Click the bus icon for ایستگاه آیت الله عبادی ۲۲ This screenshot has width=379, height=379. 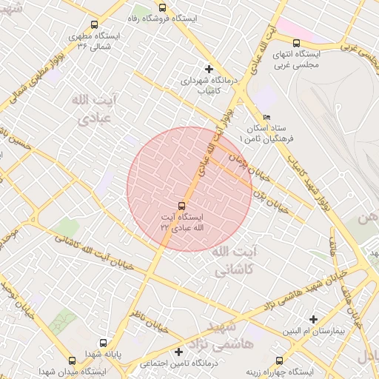point(181,205)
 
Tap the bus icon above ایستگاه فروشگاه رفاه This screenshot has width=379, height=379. point(162,7)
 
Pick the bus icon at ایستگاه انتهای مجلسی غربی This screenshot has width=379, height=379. point(297,43)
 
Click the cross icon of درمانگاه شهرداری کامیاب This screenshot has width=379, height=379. point(209,69)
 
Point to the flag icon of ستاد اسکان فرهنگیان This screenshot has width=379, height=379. point(267,117)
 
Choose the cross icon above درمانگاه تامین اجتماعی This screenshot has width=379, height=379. point(178,352)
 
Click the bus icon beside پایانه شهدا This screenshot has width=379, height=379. point(103,344)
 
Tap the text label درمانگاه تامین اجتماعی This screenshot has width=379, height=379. point(178,363)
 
